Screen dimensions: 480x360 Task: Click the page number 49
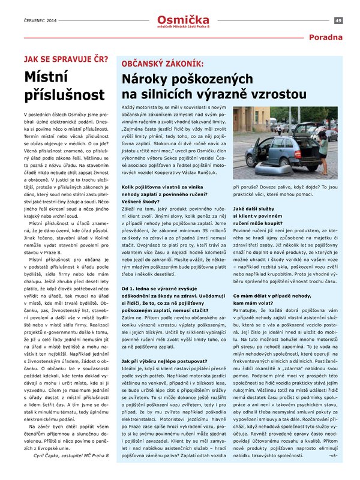pyautogui.click(x=338, y=20)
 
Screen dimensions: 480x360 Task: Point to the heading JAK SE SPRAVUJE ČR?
pyautogui.click(x=66, y=59)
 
